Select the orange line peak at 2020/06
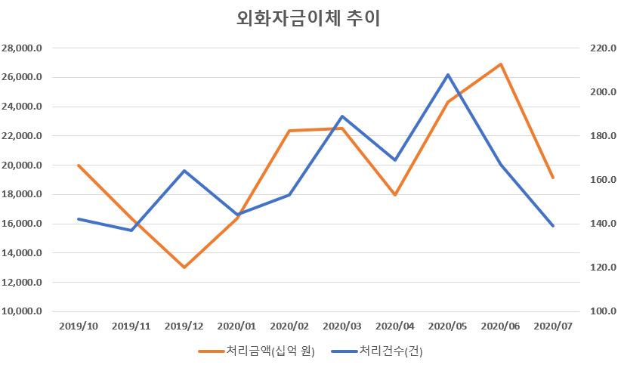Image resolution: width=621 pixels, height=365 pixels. click(x=501, y=64)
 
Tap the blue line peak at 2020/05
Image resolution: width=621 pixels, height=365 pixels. click(x=448, y=75)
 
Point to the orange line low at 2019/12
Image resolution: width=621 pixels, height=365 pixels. click(x=184, y=268)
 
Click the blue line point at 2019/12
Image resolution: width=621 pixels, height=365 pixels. click(x=184, y=171)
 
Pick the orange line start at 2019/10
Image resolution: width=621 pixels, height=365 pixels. click(x=79, y=165)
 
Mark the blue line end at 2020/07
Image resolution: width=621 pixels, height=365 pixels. click(x=554, y=226)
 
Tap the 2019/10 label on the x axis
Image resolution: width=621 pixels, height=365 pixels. click(x=79, y=326)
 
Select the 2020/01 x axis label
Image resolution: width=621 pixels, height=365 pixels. click(x=236, y=326)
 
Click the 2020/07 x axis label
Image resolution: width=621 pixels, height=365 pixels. click(x=554, y=326)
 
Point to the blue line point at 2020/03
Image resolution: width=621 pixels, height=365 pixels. click(x=342, y=116)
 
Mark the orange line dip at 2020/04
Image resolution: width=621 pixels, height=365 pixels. click(x=395, y=195)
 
